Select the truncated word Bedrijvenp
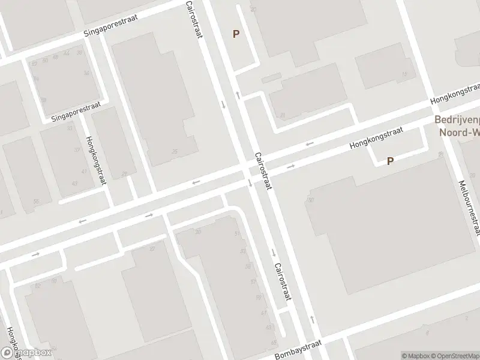[457, 119]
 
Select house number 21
[282, 115]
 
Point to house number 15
[404, 74]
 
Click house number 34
[88, 73]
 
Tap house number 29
[125, 174]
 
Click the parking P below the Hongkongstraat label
[391, 161]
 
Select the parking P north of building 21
[236, 34]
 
